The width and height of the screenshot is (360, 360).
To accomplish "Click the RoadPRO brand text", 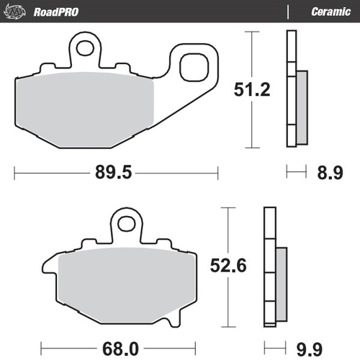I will (x=56, y=12).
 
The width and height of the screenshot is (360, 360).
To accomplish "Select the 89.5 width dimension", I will (x=114, y=172).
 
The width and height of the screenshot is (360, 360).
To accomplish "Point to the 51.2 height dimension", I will (x=252, y=90).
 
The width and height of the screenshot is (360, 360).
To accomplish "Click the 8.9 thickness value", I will (x=331, y=172).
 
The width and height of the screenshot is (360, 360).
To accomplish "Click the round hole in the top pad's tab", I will (x=86, y=49).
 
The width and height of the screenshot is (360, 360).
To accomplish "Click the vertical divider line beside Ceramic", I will (x=289, y=12).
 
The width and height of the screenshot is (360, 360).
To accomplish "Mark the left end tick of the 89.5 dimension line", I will (x=15, y=172).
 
